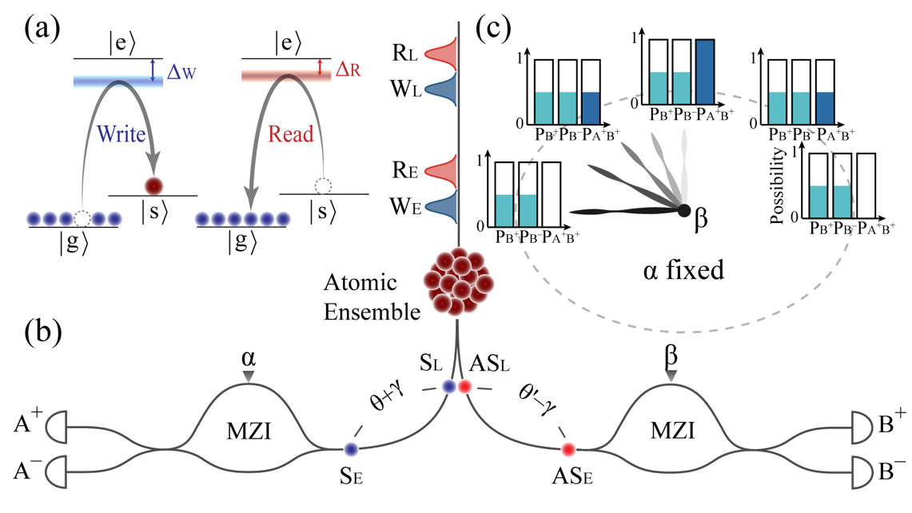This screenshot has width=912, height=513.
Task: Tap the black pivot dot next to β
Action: (684, 211)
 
